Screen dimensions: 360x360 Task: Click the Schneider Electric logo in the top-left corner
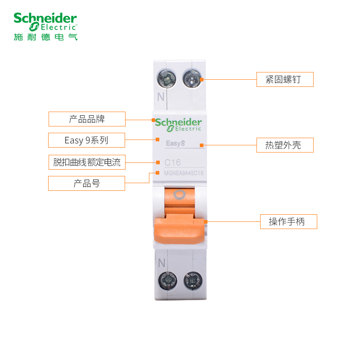click(x=45, y=21)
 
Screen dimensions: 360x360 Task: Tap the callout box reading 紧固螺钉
click(x=285, y=79)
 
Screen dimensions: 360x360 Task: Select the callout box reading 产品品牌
click(x=87, y=119)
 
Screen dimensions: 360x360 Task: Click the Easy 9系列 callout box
click(x=86, y=140)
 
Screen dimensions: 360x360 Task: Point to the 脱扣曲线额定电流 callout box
click(x=87, y=162)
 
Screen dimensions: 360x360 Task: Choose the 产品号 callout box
click(x=87, y=183)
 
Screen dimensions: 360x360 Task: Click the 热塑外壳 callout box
click(x=285, y=145)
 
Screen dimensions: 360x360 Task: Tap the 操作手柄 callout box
click(x=288, y=221)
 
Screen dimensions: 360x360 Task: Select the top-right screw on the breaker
click(x=192, y=80)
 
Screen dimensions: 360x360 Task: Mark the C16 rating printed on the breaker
click(x=173, y=162)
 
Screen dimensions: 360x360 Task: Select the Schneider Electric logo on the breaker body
click(x=179, y=125)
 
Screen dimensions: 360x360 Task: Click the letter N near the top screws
click(x=160, y=96)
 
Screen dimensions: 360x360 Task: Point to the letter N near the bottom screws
click(x=161, y=263)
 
